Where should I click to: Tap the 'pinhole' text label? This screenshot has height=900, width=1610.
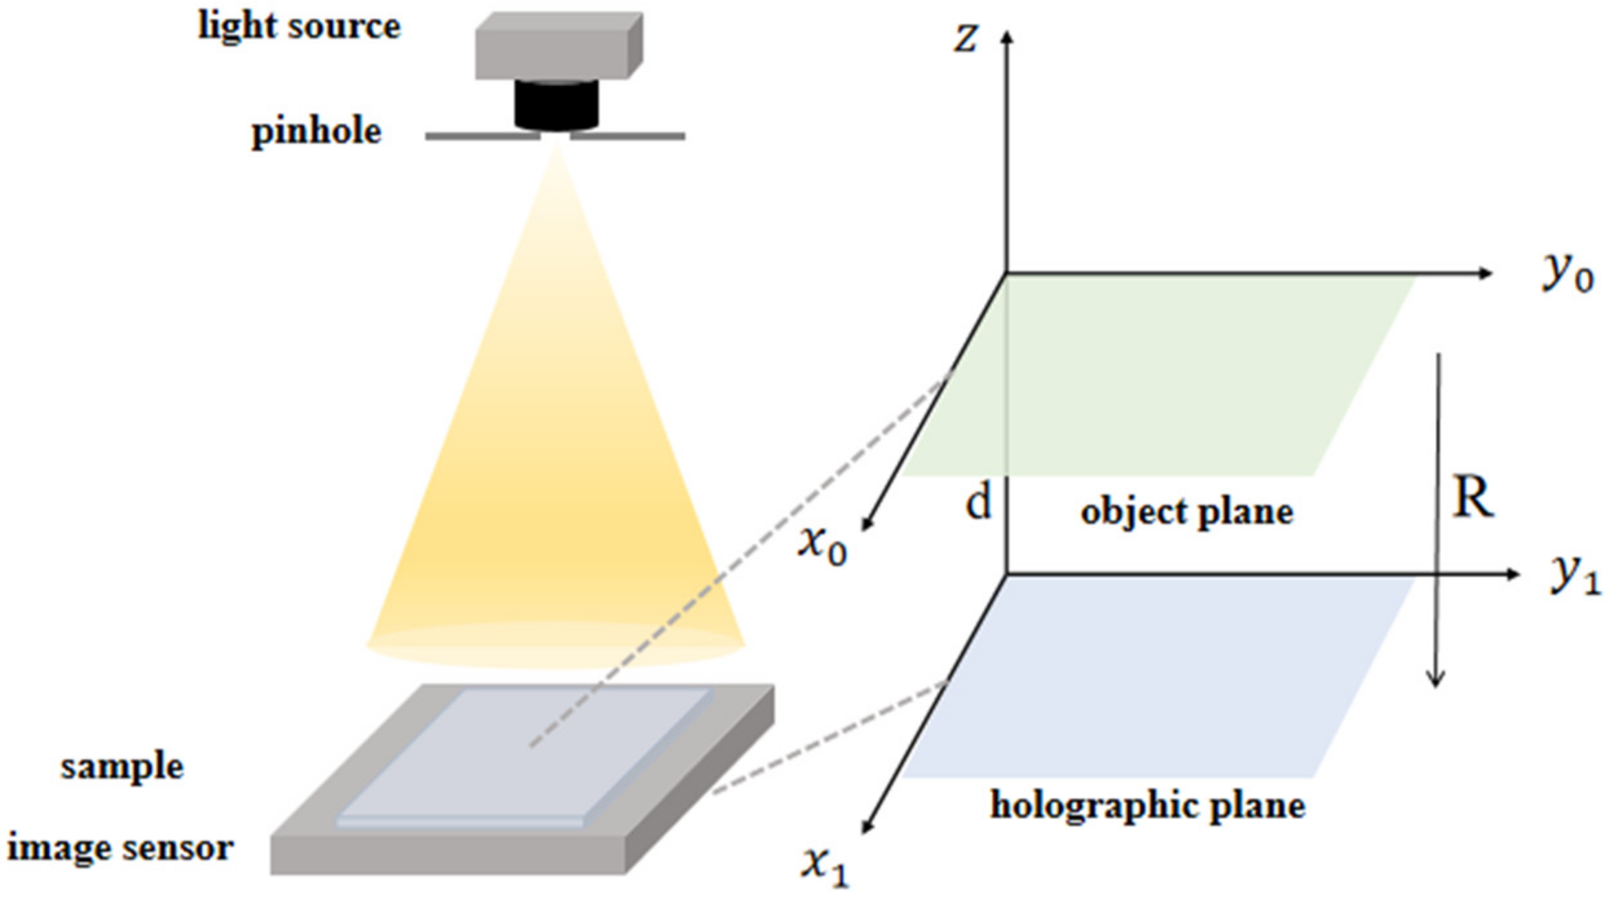(x=316, y=131)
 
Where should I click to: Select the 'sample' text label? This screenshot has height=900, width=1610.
(x=122, y=766)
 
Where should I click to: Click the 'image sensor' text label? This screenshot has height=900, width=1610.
(x=120, y=847)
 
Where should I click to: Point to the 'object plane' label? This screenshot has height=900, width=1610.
(x=1187, y=512)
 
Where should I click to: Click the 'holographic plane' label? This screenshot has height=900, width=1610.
(x=1147, y=805)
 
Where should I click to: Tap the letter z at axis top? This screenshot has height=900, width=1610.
(x=965, y=38)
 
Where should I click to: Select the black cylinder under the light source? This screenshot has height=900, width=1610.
(x=556, y=105)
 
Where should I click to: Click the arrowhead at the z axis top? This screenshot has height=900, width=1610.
(x=1007, y=37)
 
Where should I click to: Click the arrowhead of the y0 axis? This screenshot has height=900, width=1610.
(x=1485, y=273)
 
